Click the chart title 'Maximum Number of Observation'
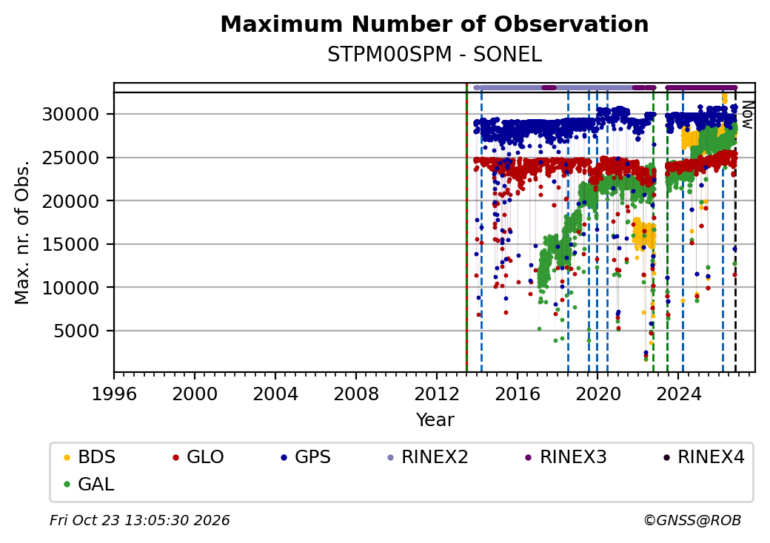(x=435, y=24)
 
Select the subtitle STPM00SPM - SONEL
(x=435, y=55)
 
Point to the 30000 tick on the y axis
(x=71, y=114)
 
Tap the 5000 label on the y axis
(x=76, y=331)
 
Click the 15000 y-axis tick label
(x=71, y=244)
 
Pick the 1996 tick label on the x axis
(x=115, y=394)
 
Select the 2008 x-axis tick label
(x=356, y=394)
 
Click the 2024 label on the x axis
(x=679, y=394)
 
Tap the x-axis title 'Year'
(x=435, y=420)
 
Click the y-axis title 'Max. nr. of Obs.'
(x=22, y=232)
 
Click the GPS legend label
(x=312, y=457)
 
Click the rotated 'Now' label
(x=747, y=115)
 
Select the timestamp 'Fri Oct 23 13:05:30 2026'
(x=140, y=520)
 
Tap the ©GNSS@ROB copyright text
(x=692, y=520)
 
